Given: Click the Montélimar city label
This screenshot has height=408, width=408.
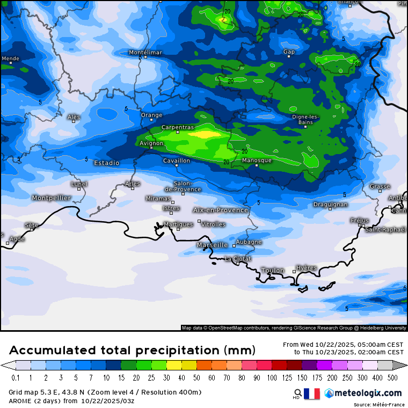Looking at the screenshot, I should coord(145,53).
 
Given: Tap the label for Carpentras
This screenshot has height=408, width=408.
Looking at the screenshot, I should coord(178,127).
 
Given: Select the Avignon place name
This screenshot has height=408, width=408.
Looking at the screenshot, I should coord(151,143).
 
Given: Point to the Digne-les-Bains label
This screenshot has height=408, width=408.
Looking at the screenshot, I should coord(305,119).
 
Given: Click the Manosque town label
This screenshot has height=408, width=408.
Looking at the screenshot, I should coord(257,161).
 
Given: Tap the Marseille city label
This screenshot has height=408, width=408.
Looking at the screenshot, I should coord(213,245).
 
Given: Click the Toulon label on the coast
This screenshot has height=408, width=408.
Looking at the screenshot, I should coord(273,270).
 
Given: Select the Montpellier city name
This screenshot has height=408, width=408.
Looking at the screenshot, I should coord(52,198).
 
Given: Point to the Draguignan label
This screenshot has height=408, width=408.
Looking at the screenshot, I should coord(330,205).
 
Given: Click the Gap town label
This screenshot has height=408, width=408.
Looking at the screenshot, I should coord(289,52).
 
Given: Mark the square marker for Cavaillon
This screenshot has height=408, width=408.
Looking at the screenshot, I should coord(177,165).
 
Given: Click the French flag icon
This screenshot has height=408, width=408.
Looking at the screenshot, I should coord(311,394).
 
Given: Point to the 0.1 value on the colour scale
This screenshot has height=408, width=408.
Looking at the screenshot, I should coord(16,378).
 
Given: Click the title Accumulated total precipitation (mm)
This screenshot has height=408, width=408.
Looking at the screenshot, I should coord(132,351).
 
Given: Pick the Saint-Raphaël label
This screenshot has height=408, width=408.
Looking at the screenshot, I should coord(385,230).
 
